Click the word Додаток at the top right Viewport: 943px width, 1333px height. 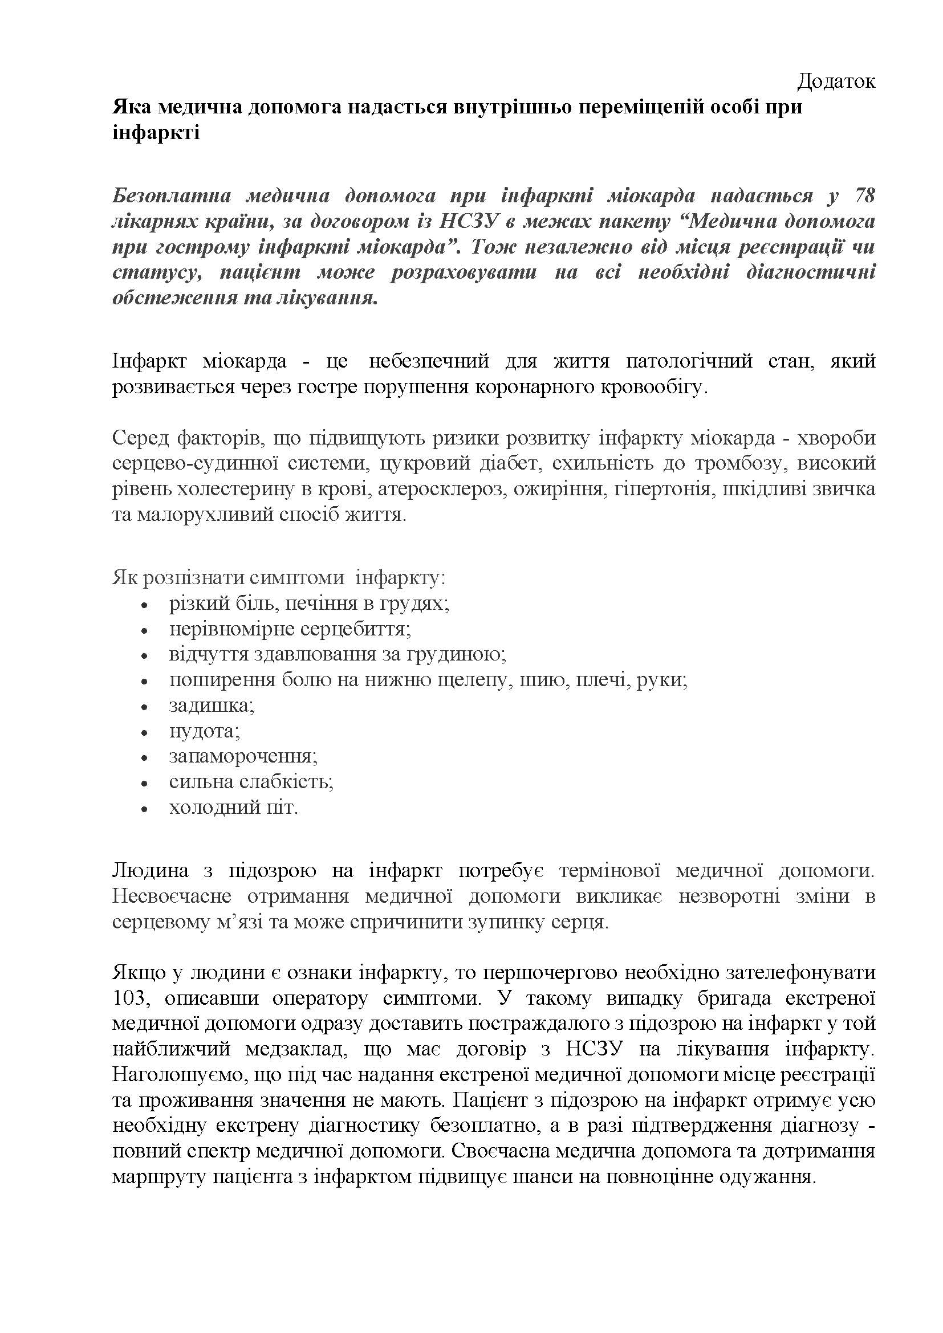836,81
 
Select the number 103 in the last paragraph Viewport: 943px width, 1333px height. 129,998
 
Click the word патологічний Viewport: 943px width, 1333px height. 689,361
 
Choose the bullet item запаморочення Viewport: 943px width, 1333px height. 243,756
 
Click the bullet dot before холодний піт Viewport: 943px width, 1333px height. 145,809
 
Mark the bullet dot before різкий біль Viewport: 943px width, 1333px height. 145,604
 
